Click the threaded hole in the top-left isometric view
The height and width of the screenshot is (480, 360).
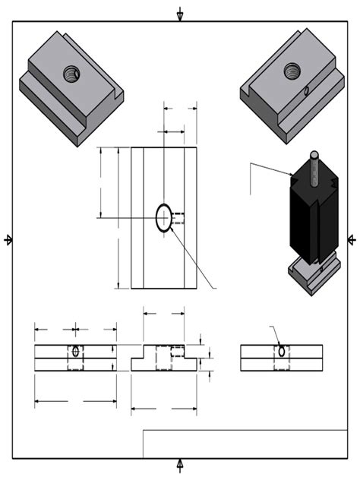point(71,74)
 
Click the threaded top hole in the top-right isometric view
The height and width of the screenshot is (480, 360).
point(292,71)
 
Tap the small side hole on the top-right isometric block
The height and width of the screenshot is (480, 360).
point(305,92)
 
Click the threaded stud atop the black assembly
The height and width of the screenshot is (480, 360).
point(314,163)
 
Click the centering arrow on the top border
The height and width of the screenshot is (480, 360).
point(180,14)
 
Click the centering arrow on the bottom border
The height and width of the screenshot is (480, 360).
point(180,464)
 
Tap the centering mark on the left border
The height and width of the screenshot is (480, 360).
point(8,240)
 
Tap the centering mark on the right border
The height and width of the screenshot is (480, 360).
point(352,240)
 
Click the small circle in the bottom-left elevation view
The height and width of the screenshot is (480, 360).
point(75,352)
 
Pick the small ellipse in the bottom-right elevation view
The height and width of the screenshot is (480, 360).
point(282,352)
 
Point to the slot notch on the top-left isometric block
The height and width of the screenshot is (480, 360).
point(114,96)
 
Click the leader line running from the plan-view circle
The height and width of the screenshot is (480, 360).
point(194,262)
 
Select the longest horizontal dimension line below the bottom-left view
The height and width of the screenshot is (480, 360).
point(75,400)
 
